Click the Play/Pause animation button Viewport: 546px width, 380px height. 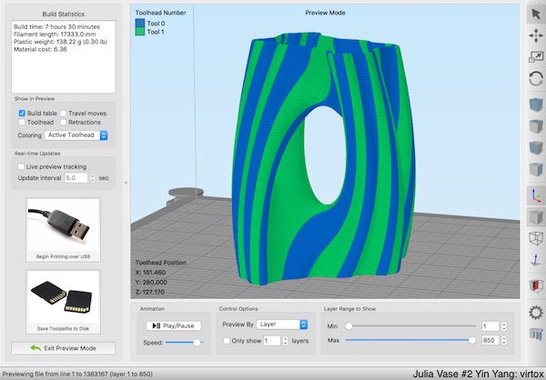[x=173, y=325]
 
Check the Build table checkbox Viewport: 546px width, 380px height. [x=22, y=114]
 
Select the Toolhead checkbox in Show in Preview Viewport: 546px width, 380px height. [x=22, y=122]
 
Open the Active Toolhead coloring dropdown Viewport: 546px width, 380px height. [x=77, y=135]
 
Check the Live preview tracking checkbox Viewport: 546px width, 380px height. [x=22, y=167]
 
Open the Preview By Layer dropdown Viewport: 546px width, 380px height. [x=281, y=324]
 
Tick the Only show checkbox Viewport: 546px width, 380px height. [x=227, y=341]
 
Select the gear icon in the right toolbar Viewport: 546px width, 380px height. [x=535, y=313]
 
